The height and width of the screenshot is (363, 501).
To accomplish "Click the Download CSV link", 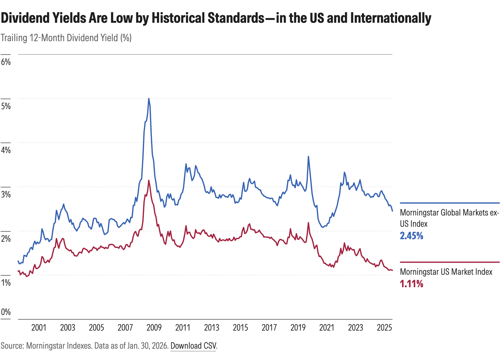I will (193, 346).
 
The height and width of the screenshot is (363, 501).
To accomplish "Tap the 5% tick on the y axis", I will (6, 106).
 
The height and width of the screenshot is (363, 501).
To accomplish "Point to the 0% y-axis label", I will (6, 312).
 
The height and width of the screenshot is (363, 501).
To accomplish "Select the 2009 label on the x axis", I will (154, 327).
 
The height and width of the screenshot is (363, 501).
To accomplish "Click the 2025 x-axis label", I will (384, 327).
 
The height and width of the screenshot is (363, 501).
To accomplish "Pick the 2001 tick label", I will (39, 327).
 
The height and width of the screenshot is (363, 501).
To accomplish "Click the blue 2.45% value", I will (411, 236).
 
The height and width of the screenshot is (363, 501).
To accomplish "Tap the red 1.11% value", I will (411, 284).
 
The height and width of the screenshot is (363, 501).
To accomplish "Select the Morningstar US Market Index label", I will (446, 272).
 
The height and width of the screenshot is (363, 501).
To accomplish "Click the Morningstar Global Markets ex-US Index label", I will (449, 218).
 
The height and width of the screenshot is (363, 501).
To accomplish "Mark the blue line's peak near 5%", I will (149, 99).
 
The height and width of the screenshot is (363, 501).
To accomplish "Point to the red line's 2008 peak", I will (149, 180).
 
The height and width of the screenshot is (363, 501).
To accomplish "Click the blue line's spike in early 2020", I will (309, 157).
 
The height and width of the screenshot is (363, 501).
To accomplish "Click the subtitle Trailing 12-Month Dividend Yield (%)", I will (66, 38).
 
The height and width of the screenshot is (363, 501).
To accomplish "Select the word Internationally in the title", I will (391, 18).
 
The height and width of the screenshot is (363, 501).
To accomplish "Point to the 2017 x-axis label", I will (269, 327).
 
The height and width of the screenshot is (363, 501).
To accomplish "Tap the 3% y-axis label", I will (6, 194).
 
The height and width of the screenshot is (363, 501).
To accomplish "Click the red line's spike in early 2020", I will (309, 223).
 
